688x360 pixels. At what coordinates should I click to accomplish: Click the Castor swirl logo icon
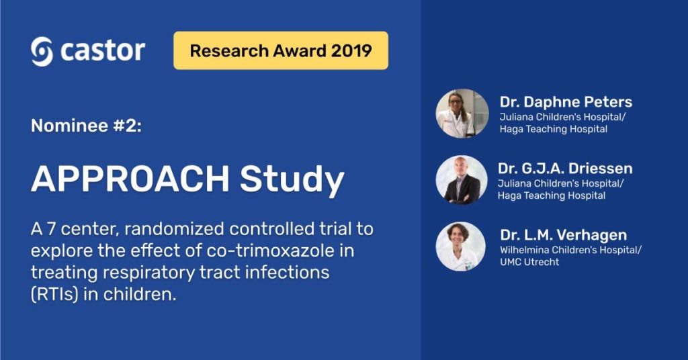coord(42,51)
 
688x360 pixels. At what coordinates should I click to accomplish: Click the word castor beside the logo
coord(103,51)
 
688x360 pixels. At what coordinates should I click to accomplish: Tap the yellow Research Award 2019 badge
coord(281,50)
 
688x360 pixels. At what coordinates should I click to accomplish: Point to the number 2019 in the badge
coord(351,51)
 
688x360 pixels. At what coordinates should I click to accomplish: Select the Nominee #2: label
coord(87,126)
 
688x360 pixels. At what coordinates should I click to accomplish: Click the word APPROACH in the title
coord(130,179)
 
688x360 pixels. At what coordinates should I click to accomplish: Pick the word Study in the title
coord(292,180)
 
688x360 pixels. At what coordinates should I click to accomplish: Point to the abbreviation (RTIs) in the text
coord(54,294)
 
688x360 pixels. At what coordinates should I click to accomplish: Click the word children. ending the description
coord(140,294)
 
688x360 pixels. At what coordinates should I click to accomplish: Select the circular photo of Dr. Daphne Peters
coord(462,114)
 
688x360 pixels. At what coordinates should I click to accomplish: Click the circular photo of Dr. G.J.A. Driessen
coord(462,180)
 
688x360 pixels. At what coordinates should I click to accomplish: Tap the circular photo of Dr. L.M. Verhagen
coord(461,246)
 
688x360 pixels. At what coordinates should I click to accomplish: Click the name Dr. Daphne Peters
coord(566,102)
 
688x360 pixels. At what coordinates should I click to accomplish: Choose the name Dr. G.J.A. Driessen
coord(565,169)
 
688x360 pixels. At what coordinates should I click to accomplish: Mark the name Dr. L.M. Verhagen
coord(564,235)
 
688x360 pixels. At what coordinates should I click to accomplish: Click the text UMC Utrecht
coord(529,262)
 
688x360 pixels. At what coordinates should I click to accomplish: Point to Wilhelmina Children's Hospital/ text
coord(571,250)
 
